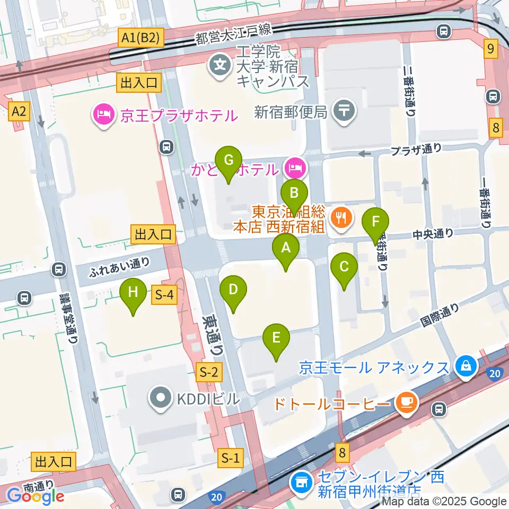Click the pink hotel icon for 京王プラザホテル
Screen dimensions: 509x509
click(102, 115)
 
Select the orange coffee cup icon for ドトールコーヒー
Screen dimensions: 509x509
click(406, 402)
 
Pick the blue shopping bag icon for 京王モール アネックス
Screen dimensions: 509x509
click(465, 366)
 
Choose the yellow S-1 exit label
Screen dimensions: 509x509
click(231, 458)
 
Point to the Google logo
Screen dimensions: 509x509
click(36, 496)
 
